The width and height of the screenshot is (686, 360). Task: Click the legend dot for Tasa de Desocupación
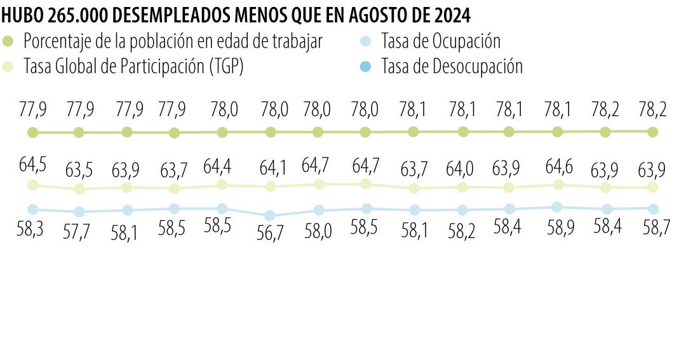(365, 66)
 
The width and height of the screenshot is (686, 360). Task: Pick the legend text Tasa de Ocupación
(441, 41)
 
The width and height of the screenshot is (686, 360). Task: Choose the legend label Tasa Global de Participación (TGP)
(133, 66)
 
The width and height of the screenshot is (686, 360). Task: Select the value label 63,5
(80, 171)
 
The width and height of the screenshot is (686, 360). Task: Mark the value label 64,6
(558, 167)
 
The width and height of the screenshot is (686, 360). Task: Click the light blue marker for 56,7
(270, 215)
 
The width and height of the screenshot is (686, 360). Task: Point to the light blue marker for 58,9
(557, 206)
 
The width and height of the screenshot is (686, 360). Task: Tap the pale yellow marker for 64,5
(33, 185)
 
